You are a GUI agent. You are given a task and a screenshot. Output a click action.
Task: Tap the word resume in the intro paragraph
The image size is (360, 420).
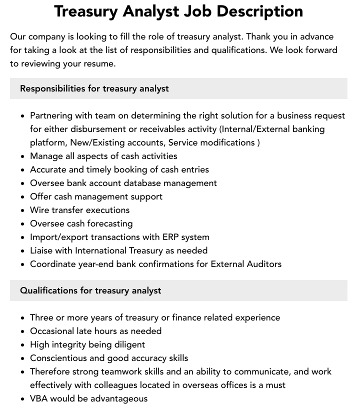pyautogui.click(x=99, y=63)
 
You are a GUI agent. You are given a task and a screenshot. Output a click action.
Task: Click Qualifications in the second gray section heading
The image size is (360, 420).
pyautogui.click(x=49, y=290)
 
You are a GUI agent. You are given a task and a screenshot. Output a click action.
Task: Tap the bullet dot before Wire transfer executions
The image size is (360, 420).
pyautogui.click(x=22, y=210)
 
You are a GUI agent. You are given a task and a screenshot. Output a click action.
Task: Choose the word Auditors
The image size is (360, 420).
pyautogui.click(x=262, y=264)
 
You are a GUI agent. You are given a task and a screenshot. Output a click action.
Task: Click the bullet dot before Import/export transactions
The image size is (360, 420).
pyautogui.click(x=22, y=237)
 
